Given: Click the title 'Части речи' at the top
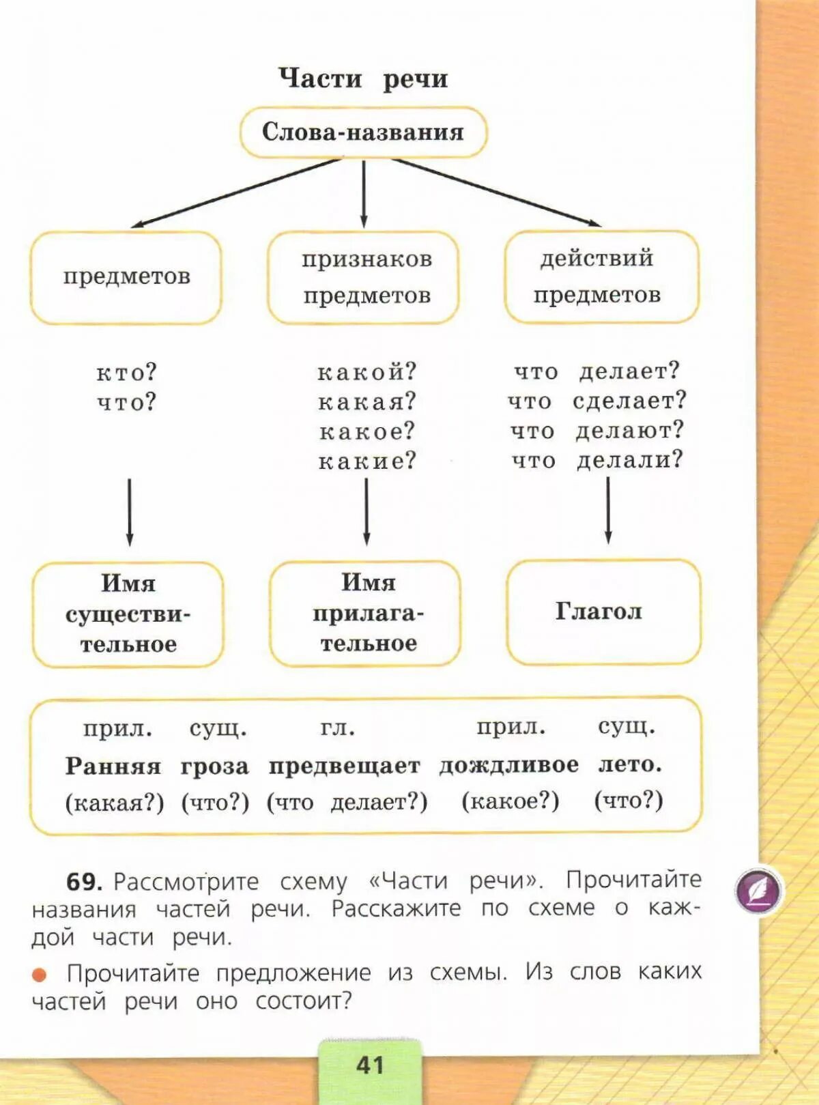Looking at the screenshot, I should (x=363, y=78).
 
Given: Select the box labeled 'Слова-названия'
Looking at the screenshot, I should (x=363, y=132).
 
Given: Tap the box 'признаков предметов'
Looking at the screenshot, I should (x=364, y=277).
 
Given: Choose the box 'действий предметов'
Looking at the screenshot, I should (x=601, y=276).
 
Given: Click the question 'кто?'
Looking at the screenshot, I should (x=126, y=373).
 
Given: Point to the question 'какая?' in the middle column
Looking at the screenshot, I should (x=367, y=402).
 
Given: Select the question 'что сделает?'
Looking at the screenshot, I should (x=597, y=401).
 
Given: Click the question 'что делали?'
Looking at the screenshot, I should (x=597, y=460).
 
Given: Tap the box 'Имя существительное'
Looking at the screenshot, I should (x=128, y=614).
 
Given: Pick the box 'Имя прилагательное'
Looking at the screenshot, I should (x=366, y=613).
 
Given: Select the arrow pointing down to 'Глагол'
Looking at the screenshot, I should (x=608, y=510).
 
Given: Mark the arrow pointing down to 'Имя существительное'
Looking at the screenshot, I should (x=130, y=512).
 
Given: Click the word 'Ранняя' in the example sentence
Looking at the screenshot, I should (x=113, y=766).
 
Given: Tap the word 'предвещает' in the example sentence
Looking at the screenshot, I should (x=344, y=766).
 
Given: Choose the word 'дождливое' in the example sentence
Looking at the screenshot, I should (x=508, y=765).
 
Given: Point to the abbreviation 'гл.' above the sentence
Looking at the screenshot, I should (x=338, y=729).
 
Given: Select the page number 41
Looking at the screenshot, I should (x=370, y=1065).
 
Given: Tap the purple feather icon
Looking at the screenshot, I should (x=759, y=891).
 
